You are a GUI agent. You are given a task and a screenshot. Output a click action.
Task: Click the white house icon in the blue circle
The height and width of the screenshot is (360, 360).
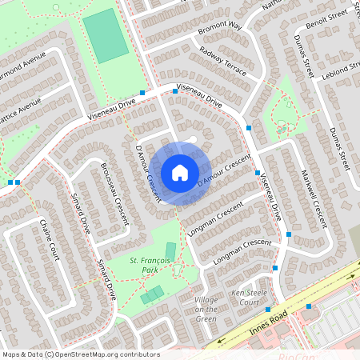pos(180,172)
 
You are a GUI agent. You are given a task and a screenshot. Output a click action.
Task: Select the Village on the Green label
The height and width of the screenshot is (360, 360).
pos(206,309)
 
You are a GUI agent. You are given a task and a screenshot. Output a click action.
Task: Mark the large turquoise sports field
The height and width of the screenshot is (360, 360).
pos(106,36)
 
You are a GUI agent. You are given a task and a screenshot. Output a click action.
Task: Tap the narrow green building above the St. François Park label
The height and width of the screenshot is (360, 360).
pos(170,251)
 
